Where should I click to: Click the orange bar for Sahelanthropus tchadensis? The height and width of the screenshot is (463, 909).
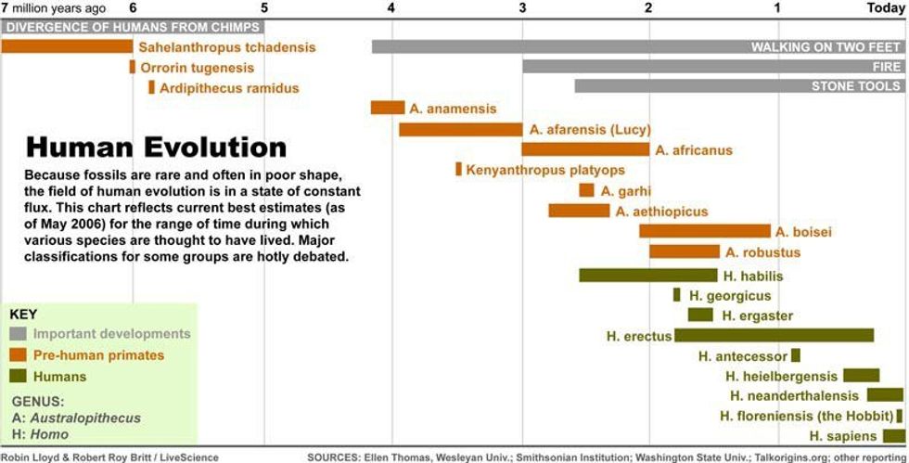(67, 46)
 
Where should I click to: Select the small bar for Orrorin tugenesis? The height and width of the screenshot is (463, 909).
(133, 67)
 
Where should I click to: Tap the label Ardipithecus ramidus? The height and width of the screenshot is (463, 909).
(229, 88)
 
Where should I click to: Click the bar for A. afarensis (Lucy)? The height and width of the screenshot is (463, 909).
(460, 129)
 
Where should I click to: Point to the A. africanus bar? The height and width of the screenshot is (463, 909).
(585, 149)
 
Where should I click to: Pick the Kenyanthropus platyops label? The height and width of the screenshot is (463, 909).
(545, 170)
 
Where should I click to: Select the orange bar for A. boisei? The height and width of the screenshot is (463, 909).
(704, 231)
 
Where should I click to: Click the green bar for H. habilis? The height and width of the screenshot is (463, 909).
(648, 275)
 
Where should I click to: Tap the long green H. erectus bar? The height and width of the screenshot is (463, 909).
(774, 335)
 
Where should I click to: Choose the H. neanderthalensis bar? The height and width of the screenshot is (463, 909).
(885, 394)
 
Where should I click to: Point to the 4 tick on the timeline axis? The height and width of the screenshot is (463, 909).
(391, 8)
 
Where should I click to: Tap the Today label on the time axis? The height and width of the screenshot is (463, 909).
(885, 8)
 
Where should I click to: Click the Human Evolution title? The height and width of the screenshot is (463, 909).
(156, 148)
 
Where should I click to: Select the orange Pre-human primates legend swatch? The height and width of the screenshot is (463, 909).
(19, 355)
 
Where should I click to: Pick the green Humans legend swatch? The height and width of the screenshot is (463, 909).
(19, 377)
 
